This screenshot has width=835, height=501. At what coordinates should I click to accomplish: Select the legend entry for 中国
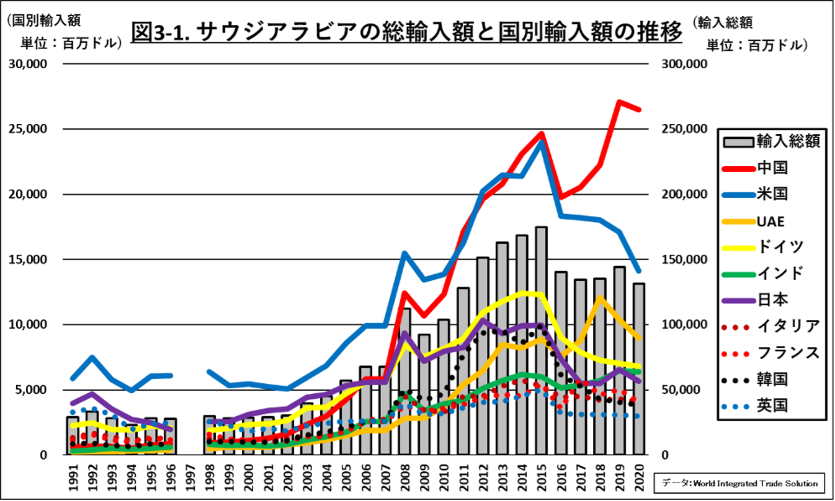pyautogui.click(x=772, y=168)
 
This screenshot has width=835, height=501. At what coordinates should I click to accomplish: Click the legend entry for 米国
pyautogui.click(x=772, y=194)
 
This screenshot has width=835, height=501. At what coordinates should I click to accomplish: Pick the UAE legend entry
pyautogui.click(x=770, y=221)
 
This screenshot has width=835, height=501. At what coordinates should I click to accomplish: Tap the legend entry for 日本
pyautogui.click(x=772, y=300)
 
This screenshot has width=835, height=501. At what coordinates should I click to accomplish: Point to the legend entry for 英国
pyautogui.click(x=772, y=405)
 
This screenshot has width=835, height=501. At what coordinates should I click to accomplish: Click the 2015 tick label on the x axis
pyautogui.click(x=542, y=478)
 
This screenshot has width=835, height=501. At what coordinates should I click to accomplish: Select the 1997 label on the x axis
pyautogui.click(x=190, y=478)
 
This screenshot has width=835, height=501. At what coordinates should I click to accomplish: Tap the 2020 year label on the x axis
pyautogui.click(x=639, y=478)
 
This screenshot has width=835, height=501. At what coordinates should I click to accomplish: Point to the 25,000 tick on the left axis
pyautogui.click(x=28, y=129)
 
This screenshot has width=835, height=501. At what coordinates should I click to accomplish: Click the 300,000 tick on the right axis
pyautogui.click(x=684, y=64)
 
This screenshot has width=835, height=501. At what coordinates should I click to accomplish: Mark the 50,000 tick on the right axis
pyautogui.click(x=684, y=390)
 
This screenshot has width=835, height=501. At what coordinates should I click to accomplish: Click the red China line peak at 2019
pyautogui.click(x=619, y=102)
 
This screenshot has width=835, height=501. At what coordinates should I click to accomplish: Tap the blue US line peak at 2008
pyautogui.click(x=405, y=254)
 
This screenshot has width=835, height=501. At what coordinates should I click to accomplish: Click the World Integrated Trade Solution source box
pyautogui.click(x=739, y=483)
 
